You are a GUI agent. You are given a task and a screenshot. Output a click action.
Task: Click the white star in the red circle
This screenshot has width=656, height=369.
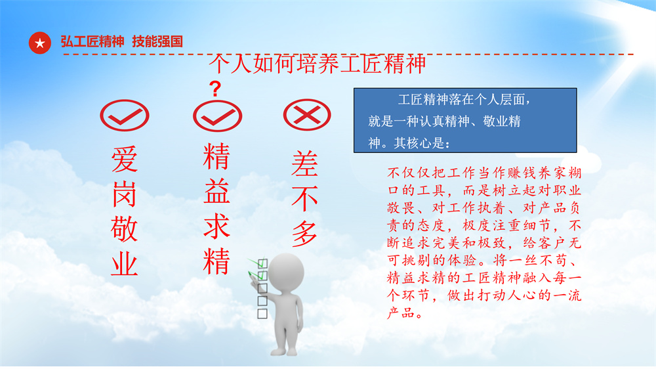tap(40, 43)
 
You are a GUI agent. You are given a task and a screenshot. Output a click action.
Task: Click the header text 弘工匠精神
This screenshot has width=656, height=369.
tap(92, 41)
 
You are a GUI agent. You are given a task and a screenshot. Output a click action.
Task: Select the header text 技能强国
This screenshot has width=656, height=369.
tap(157, 41)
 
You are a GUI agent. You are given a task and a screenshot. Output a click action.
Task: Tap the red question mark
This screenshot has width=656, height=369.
tap(215, 89)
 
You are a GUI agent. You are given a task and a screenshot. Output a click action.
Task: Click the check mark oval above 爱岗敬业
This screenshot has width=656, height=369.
tap(125, 115)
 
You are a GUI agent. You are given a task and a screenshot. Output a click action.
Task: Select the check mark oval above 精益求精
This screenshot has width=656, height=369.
tap(218, 116)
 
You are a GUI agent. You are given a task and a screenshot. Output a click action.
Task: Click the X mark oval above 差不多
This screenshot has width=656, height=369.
tap(307, 115)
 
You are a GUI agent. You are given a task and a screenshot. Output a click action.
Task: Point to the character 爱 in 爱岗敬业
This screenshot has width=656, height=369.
tap(124, 160)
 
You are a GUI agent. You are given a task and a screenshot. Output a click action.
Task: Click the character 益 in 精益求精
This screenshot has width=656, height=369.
tap(216, 191)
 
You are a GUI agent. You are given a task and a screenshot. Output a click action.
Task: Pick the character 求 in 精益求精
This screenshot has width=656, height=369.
tap(216, 226)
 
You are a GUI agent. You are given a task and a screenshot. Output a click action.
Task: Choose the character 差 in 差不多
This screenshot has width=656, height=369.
tap(304, 163)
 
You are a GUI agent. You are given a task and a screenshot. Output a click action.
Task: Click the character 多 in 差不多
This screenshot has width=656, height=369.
tap(304, 233)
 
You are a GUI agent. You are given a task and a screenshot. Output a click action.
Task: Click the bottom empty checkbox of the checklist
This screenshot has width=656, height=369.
tap(262, 313)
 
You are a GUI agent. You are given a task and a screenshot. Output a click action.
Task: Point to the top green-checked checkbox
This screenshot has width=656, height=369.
tap(263, 263)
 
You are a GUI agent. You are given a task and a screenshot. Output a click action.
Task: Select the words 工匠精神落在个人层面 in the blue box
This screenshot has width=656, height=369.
tap(461, 100)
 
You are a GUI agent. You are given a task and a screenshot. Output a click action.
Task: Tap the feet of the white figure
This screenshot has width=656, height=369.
tap(285, 351)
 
